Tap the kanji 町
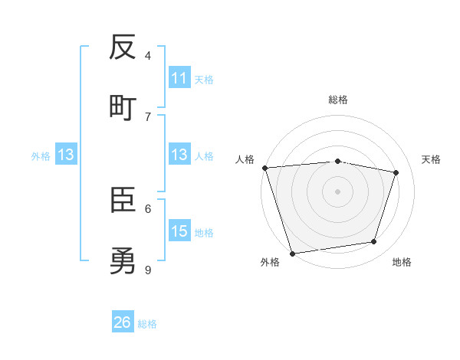click(123, 108)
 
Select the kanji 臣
click(123, 201)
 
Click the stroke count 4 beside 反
click(148, 55)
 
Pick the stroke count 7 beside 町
click(148, 116)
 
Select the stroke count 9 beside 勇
click(148, 270)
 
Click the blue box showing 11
click(179, 78)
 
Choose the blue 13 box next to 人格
click(179, 155)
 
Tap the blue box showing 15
click(179, 231)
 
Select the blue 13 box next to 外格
click(66, 155)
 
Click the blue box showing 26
click(123, 322)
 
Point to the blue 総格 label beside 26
click(147, 324)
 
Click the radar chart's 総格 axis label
click(338, 100)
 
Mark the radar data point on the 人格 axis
click(264, 168)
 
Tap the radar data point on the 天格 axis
click(396, 172)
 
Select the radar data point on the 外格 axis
click(292, 253)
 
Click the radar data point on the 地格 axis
click(374, 242)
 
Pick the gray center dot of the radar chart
click(338, 191)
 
